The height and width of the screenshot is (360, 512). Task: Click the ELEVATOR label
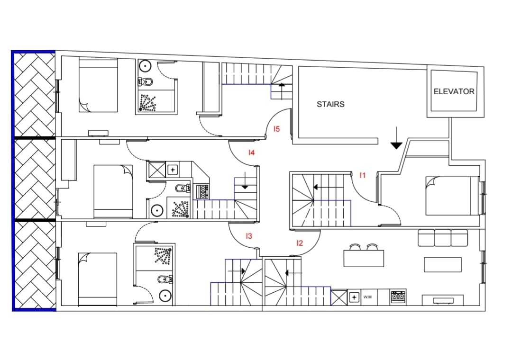pyautogui.click(x=454, y=92)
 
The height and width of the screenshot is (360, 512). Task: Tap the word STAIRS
pyautogui.click(x=330, y=104)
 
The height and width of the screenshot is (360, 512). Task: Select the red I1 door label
pyautogui.click(x=363, y=175)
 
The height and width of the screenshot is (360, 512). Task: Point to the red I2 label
pyautogui.click(x=300, y=243)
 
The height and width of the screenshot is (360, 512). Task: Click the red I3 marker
pyautogui.click(x=249, y=235)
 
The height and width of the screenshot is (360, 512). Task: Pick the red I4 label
pyautogui.click(x=251, y=153)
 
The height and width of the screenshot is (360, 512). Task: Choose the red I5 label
pyautogui.click(x=276, y=129)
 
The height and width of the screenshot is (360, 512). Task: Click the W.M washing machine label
pyautogui.click(x=367, y=297)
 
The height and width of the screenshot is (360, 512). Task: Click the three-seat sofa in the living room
pyautogui.click(x=443, y=238)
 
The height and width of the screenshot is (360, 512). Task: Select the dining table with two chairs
pyautogui.click(x=364, y=255)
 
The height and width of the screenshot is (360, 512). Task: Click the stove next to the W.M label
pyautogui.click(x=398, y=297)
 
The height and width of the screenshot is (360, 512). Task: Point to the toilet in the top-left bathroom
pyautogui.click(x=146, y=81)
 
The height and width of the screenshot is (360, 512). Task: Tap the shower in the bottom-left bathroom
pyautogui.click(x=162, y=255)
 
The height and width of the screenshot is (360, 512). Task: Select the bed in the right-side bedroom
pyautogui.click(x=453, y=196)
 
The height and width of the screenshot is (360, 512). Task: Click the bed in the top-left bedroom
pyautogui.click(x=98, y=86)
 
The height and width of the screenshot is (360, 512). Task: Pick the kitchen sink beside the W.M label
pyautogui.click(x=354, y=297)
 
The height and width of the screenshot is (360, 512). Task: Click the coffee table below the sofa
pyautogui.click(x=443, y=264)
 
